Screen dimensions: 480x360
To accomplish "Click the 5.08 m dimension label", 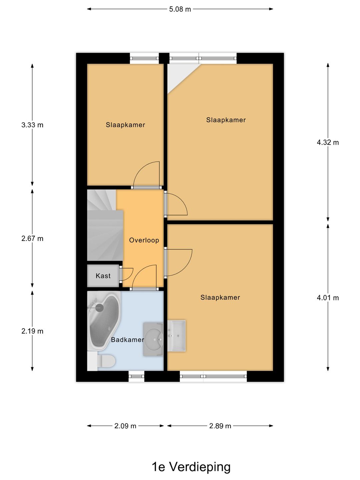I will pos(180,9).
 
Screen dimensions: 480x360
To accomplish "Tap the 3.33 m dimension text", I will pos(32,125).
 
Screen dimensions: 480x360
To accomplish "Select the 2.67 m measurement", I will pos(32,238).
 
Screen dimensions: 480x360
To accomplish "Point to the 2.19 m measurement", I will pos(32,331).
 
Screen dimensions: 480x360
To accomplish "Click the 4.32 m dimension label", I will pos(328,142).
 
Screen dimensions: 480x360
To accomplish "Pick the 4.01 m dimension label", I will pos(328,298).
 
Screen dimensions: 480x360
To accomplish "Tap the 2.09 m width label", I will pos(125,426).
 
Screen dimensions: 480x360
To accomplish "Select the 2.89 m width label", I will pos(220,426).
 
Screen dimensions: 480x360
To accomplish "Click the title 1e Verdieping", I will pos(191,467).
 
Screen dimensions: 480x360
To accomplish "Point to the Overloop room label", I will pos(144,240).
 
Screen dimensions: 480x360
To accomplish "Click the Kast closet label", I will pos(103,276).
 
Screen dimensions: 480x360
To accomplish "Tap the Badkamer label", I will pos(127,340).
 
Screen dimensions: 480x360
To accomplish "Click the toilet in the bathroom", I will pos(106,361).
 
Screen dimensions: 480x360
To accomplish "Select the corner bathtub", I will pos(103,320).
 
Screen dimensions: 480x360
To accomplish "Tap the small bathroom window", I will pos(136,376).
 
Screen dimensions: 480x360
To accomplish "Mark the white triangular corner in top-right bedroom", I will pos(178,75).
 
